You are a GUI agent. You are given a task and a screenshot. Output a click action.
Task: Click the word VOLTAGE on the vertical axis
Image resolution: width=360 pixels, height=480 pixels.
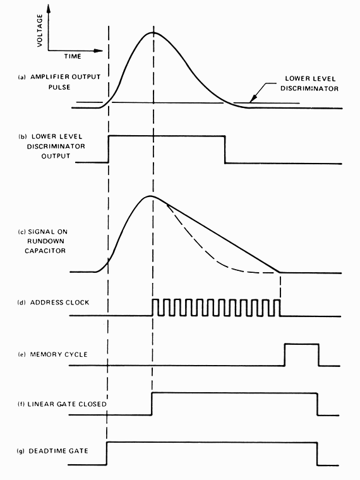click(x=40, y=30)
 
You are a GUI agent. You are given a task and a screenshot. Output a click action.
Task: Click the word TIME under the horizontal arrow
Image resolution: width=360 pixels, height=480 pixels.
click(x=73, y=56)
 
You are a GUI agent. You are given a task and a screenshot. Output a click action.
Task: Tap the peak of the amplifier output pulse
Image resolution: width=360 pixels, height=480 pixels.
click(x=153, y=32)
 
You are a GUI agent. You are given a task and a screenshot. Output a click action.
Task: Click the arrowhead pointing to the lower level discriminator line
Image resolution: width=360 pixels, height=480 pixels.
click(x=252, y=99)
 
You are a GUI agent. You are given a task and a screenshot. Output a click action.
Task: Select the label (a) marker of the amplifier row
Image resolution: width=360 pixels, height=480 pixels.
click(x=21, y=77)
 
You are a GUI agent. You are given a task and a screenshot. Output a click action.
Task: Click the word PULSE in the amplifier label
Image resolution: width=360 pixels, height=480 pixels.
click(x=59, y=87)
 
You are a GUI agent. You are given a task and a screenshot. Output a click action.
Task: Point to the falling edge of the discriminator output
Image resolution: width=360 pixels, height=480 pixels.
click(x=225, y=150)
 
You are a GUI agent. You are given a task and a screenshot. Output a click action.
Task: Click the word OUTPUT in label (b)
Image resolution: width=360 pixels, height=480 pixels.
click(x=56, y=156)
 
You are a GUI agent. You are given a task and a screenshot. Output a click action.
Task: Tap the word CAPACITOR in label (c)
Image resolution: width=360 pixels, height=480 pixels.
click(x=45, y=251)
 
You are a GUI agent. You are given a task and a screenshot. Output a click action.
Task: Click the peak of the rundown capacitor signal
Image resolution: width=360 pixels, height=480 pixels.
click(x=150, y=196)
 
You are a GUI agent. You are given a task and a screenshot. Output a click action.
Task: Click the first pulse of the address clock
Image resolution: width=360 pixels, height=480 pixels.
click(x=155, y=308)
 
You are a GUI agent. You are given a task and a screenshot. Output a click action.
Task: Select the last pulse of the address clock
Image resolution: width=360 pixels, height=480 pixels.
click(x=277, y=308)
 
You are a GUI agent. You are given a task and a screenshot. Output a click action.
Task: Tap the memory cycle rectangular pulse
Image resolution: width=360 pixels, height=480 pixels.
click(x=302, y=344)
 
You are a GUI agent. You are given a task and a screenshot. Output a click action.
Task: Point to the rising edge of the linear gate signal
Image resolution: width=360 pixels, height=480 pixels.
click(x=152, y=404)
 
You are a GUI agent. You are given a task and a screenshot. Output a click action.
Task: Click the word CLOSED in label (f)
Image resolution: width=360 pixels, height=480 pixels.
click(x=92, y=404)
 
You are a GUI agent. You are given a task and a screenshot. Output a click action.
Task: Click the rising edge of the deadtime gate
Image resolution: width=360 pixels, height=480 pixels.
click(x=107, y=453)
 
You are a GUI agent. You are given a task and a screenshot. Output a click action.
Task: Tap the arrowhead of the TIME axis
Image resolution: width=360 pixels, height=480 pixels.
click(x=99, y=51)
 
